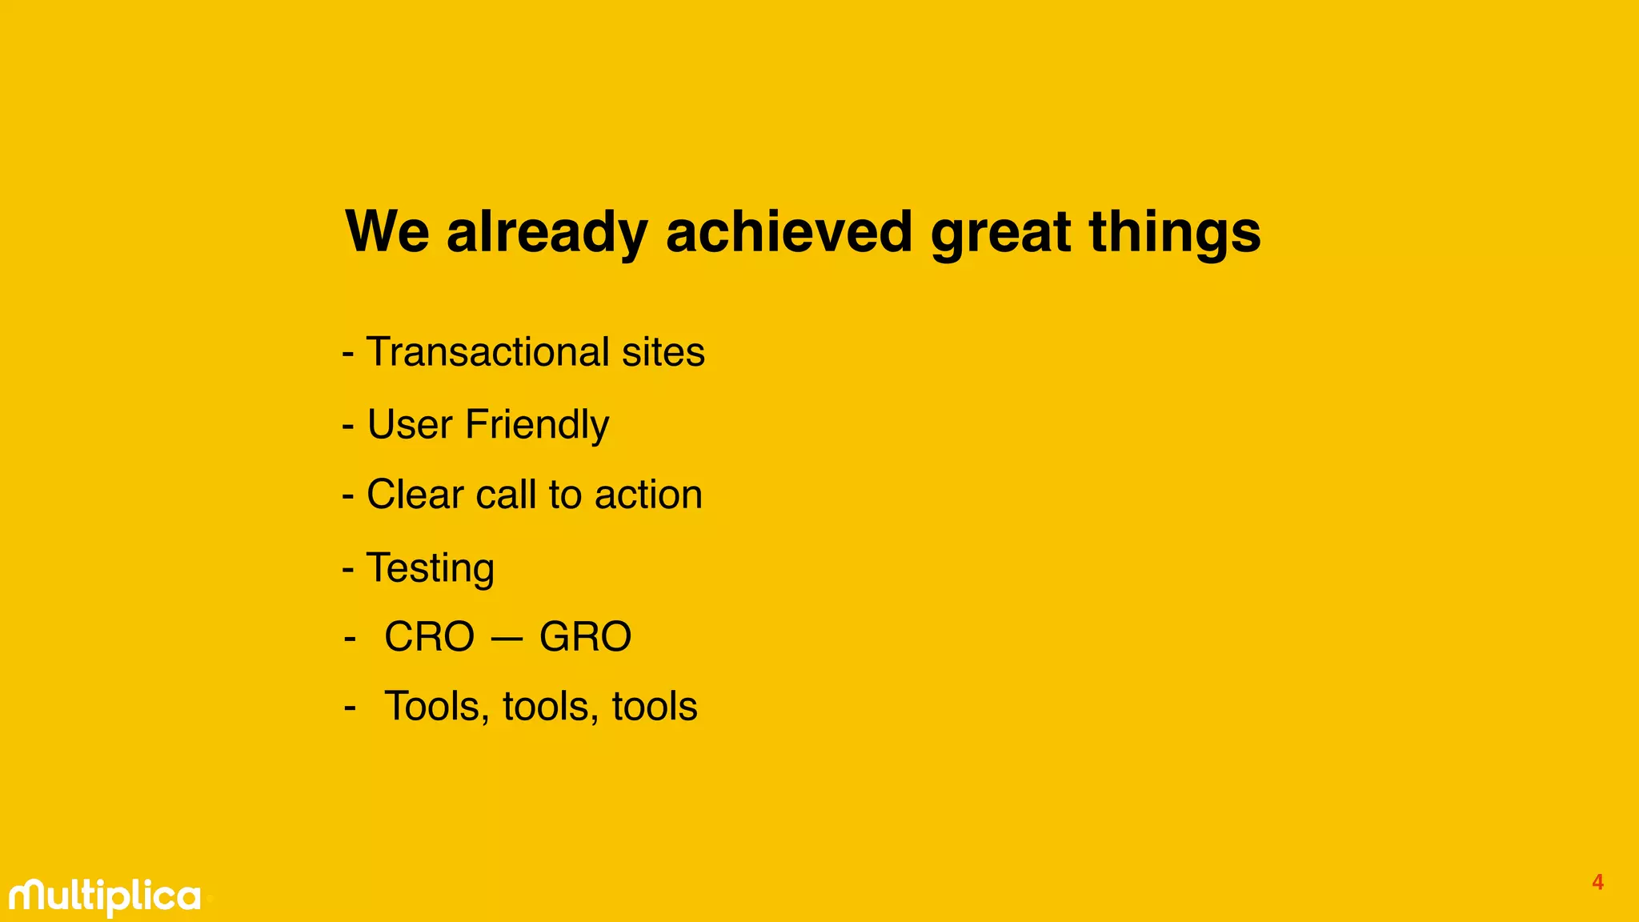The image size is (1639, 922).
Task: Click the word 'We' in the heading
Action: [x=387, y=232]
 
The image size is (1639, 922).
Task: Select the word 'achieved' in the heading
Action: [x=788, y=232]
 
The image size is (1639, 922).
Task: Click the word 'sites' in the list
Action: [x=663, y=352]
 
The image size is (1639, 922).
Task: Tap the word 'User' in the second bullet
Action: [x=410, y=424]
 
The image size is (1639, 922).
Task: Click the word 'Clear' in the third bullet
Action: [x=415, y=495]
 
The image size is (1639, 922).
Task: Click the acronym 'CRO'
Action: [x=429, y=637]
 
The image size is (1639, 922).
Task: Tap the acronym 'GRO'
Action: [x=585, y=637]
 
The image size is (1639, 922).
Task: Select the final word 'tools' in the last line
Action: [x=655, y=707]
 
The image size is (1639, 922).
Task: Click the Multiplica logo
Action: [x=106, y=896]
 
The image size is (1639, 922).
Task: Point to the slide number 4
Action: [x=1597, y=883]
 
